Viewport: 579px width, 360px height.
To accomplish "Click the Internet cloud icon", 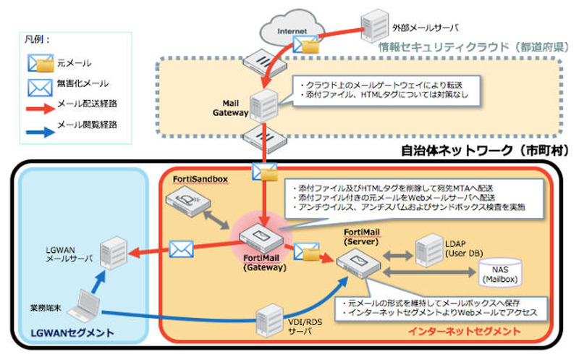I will (290, 30).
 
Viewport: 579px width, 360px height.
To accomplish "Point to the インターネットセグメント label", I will (464, 331).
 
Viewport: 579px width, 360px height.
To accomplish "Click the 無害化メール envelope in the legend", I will (41, 87).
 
